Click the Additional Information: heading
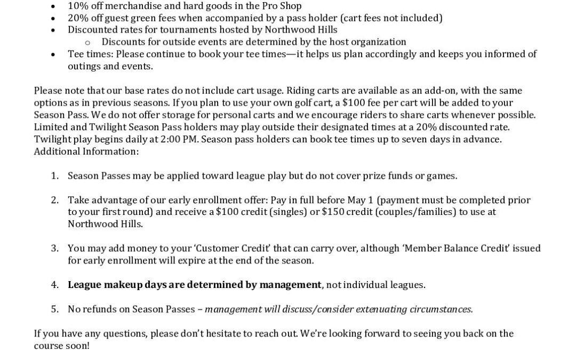coord(86,151)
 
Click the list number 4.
coord(54,285)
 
